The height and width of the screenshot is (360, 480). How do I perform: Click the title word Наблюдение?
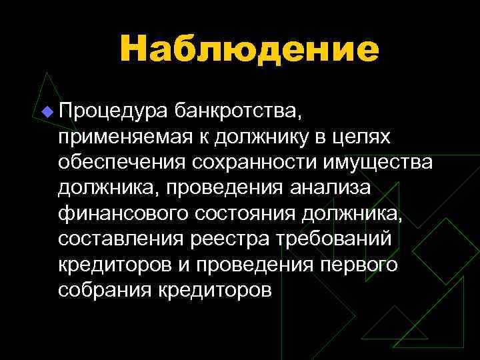pos(249,49)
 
